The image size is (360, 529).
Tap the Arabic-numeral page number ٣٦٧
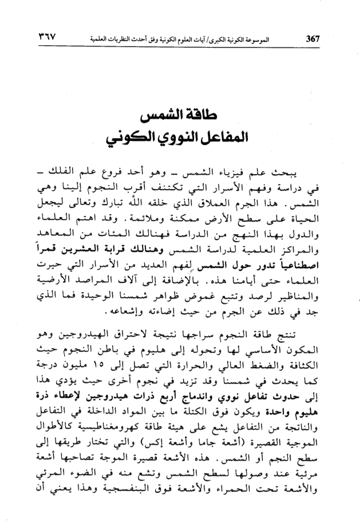51,39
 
